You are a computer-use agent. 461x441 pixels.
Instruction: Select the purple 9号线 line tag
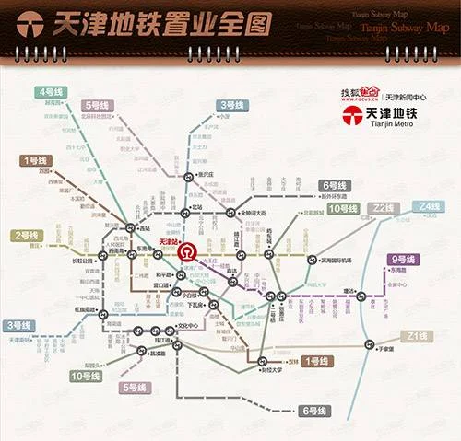(x=403, y=259)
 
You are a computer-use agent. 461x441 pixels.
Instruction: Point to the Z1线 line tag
(x=414, y=336)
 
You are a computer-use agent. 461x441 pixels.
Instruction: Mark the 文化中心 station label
(x=190, y=326)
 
